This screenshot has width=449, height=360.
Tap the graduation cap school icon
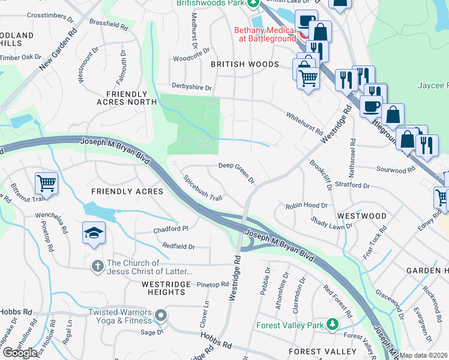tap(93, 233)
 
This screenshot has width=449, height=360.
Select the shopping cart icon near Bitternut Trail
tap(46, 182)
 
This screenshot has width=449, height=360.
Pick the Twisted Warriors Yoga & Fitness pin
tap(160, 315)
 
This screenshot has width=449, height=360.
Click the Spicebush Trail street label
tap(203, 188)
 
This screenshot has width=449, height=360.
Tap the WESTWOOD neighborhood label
tap(362, 215)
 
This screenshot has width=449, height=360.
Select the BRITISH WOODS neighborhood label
tap(244, 64)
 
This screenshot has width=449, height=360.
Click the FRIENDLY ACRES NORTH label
tap(127, 98)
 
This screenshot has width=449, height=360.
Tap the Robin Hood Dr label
tap(306, 205)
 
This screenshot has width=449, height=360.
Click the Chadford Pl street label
tap(171, 229)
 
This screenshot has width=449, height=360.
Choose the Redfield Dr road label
tap(178, 246)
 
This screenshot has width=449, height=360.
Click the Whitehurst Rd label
tap(304, 124)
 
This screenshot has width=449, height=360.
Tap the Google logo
tap(20, 353)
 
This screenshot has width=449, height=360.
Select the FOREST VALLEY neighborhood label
tap(319, 351)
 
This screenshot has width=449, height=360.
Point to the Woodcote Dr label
tap(191, 58)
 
